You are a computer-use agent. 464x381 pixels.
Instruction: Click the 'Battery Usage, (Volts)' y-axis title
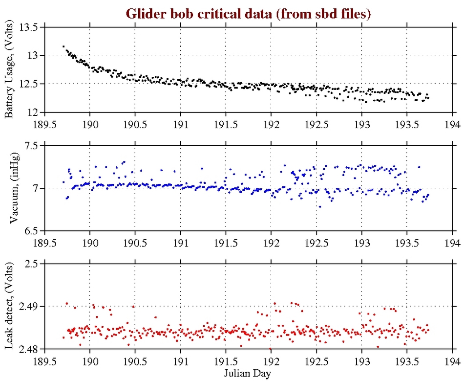[x=10, y=70]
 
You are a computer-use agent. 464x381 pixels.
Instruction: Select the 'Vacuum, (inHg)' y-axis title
[x=14, y=189]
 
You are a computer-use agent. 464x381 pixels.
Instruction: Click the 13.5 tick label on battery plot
[x=28, y=27]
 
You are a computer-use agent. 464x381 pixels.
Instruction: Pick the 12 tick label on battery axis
[x=33, y=112]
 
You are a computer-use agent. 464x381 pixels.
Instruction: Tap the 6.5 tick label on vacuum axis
[x=31, y=231]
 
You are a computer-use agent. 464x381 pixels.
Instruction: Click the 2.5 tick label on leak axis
[x=31, y=264]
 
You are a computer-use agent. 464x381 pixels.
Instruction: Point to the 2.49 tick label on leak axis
[x=28, y=307]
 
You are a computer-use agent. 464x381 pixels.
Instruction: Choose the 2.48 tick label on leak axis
[x=28, y=349]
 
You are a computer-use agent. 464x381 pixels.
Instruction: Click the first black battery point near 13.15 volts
[x=63, y=46]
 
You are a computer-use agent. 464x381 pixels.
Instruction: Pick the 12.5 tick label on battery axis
[x=28, y=84]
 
